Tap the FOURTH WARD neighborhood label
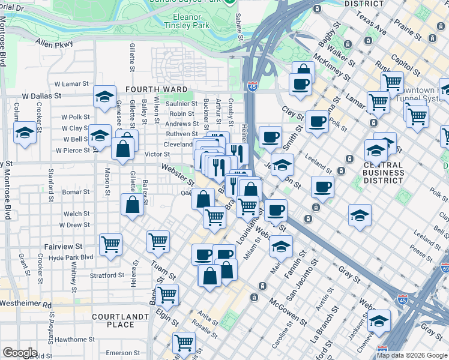151,89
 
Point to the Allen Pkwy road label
54,44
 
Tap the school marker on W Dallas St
104,96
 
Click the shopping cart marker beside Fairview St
110,244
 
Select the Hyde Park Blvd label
71,257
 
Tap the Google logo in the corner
19,352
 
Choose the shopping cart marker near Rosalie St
184,343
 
